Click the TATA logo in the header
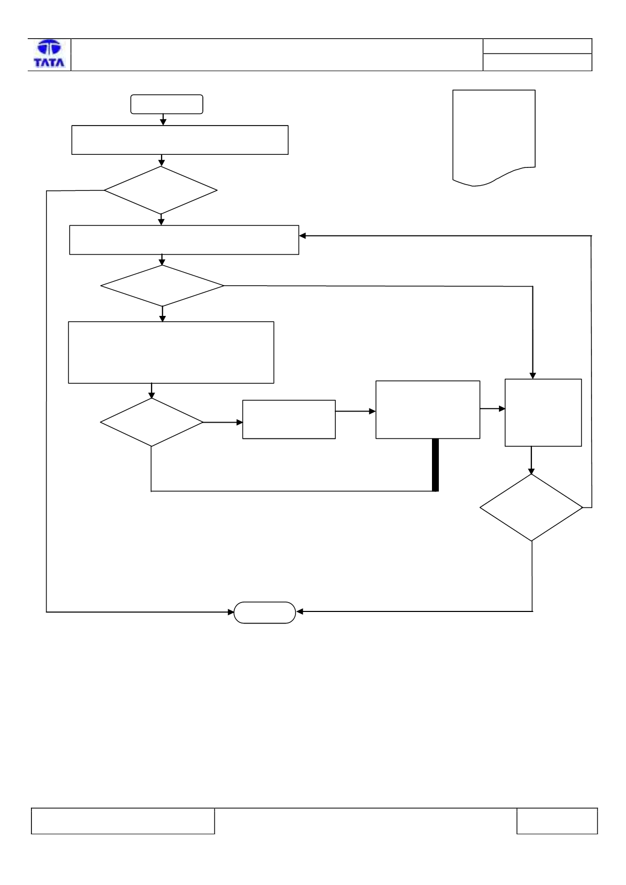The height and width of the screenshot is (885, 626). [49, 54]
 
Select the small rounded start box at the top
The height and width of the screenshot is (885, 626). [167, 104]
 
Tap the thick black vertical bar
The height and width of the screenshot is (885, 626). [435, 464]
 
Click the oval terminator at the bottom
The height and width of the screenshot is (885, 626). [265, 612]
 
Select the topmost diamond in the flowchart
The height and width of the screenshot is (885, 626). [161, 190]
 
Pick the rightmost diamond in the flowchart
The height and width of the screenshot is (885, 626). [531, 507]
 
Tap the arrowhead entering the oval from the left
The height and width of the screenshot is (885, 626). [231, 612]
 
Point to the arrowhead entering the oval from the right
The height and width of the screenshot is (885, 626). [299, 611]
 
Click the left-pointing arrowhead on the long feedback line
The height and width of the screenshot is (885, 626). [302, 236]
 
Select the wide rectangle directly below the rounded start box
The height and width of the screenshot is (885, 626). [180, 140]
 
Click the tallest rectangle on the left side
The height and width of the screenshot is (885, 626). [171, 352]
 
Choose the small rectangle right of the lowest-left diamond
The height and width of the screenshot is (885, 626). [289, 419]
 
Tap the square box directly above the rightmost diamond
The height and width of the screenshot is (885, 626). [543, 413]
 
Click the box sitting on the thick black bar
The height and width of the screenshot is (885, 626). [428, 410]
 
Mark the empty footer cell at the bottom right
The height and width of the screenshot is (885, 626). [557, 821]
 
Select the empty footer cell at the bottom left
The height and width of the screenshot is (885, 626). [123, 821]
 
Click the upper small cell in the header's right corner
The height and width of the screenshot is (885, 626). [537, 46]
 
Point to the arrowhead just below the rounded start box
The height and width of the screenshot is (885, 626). [163, 122]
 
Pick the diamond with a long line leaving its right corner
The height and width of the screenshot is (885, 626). [162, 286]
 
